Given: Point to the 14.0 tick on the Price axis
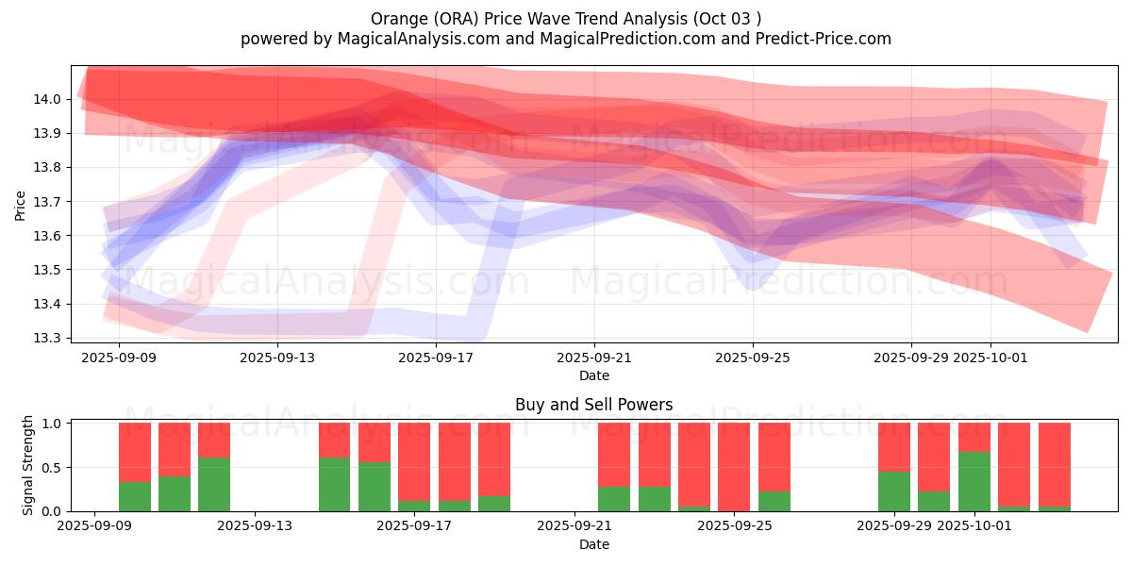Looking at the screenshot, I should tap(49, 99).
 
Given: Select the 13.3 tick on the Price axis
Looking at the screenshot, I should tap(49, 338).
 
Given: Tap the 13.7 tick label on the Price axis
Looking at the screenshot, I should tap(49, 202).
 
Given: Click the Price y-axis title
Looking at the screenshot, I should tap(21, 205).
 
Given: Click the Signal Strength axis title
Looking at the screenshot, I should tap(28, 465).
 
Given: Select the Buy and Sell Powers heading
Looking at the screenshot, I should tap(593, 405).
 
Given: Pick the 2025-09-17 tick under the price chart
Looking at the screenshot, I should tap(436, 358).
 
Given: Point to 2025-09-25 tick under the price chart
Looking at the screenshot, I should tap(753, 358).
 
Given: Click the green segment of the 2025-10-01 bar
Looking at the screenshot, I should tap(974, 482).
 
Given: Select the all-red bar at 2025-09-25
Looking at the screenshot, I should tap(734, 467).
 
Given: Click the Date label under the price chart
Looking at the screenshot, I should tap(594, 375).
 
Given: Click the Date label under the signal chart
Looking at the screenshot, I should tap(594, 544).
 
